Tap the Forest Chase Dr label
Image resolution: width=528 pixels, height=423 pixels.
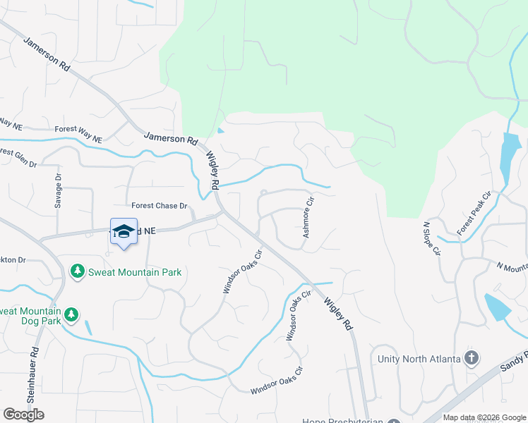[x=160, y=206]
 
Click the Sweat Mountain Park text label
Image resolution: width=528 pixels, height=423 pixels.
[x=134, y=272]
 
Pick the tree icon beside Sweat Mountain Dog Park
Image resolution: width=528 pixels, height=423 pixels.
[x=71, y=314]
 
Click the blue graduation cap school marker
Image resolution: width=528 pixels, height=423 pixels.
[x=124, y=232]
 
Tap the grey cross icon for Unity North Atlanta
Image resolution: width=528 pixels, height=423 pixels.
[x=471, y=358]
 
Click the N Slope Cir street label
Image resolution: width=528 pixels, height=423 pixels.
[x=431, y=239]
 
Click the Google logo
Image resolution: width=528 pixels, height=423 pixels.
[x=24, y=415]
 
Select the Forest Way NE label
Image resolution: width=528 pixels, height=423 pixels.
[x=79, y=130]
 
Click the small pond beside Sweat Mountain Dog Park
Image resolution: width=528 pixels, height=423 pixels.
[x=87, y=327]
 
